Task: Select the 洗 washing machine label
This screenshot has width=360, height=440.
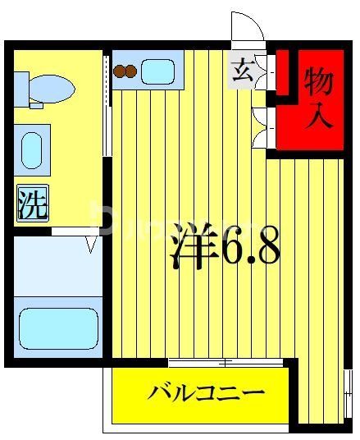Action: click(33, 204)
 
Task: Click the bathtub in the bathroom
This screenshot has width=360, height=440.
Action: click(57, 328)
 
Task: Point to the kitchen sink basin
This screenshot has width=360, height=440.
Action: click(157, 71)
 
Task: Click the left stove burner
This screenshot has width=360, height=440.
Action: click(120, 71)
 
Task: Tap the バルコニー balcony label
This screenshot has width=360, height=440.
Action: click(206, 392)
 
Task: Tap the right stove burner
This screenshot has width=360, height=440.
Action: click(130, 71)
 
